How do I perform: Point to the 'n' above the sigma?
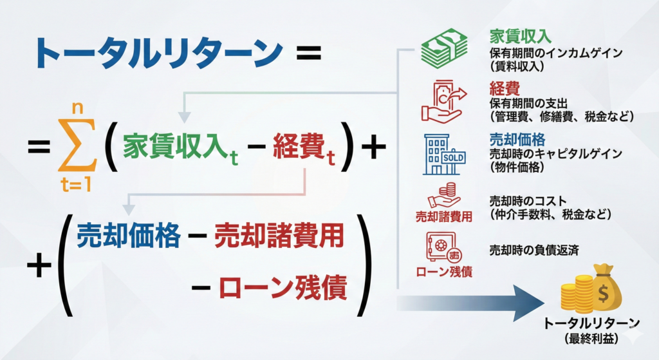78,108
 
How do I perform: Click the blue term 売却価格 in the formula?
129,235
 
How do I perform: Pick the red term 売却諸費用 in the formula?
279,236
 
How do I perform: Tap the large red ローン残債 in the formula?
283,288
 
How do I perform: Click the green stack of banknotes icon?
445,48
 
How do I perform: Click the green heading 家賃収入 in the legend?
520,37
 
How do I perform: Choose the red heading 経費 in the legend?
505,88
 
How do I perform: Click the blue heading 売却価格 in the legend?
517,139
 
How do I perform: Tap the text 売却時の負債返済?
534,251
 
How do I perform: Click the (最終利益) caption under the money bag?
592,339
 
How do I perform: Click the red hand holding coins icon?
443,195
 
